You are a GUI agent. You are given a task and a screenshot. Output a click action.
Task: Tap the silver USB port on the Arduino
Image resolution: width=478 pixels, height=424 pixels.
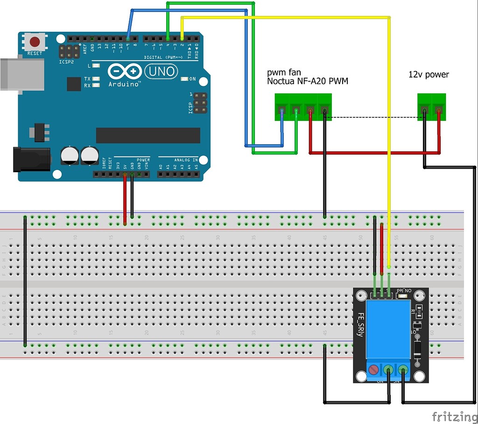tap(21, 74)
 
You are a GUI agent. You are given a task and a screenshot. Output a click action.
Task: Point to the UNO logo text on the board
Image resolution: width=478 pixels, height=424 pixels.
tap(162, 71)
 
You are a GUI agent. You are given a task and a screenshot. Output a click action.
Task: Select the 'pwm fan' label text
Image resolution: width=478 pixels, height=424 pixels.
tap(284, 72)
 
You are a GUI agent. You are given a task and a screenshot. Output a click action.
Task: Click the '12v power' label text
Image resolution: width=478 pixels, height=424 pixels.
tap(429, 74)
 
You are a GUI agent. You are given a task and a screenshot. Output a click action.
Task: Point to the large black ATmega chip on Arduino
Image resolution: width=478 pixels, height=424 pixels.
tap(148, 135)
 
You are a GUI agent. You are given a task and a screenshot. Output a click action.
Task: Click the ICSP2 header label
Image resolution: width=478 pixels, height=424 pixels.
tap(66, 62)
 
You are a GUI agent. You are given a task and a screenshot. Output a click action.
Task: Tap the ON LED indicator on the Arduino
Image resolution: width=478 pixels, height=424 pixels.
tap(184, 79)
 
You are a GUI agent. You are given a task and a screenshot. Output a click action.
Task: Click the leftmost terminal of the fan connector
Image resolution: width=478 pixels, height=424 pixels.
tap(281, 111)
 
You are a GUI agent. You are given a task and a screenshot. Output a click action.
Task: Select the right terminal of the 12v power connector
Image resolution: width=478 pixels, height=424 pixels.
tap(438, 111)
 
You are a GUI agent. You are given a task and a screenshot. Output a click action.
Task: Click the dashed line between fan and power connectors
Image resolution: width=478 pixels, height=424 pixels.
tap(373, 117)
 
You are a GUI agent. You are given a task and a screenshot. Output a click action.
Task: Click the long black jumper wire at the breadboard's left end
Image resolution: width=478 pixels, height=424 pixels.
tap(24, 280)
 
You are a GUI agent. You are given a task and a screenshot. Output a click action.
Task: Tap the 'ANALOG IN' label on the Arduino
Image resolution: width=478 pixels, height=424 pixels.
tap(186, 160)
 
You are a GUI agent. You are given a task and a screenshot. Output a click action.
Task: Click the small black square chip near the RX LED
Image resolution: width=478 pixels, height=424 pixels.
tap(74, 84)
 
